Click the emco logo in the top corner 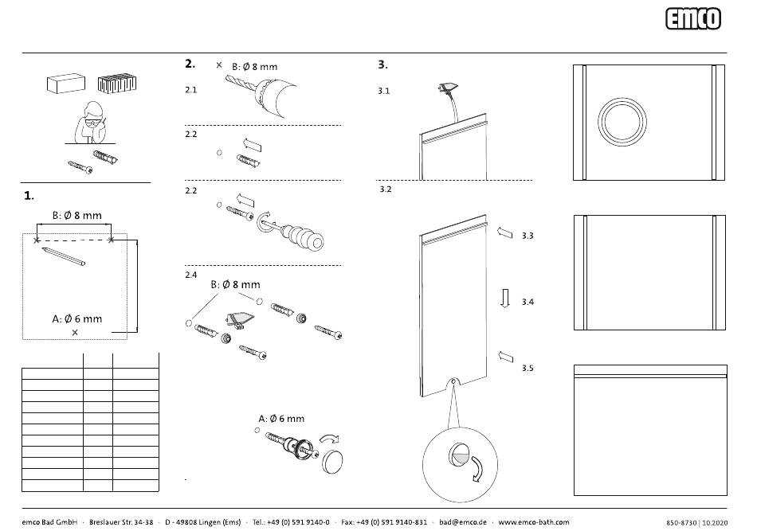[x=692, y=19]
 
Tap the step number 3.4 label [x=528, y=302]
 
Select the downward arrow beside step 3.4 [x=505, y=298]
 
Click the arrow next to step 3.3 [x=504, y=232]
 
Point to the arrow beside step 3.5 [x=505, y=357]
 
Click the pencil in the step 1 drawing [x=63, y=256]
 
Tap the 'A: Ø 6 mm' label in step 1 [x=77, y=318]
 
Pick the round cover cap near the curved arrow [x=332, y=460]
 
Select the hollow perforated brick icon [x=117, y=83]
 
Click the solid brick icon [x=66, y=83]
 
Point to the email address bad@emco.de [x=462, y=521]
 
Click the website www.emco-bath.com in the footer [x=533, y=521]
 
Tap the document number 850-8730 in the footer [x=681, y=523]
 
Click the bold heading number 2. [x=190, y=64]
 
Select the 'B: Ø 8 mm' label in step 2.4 [x=236, y=284]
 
